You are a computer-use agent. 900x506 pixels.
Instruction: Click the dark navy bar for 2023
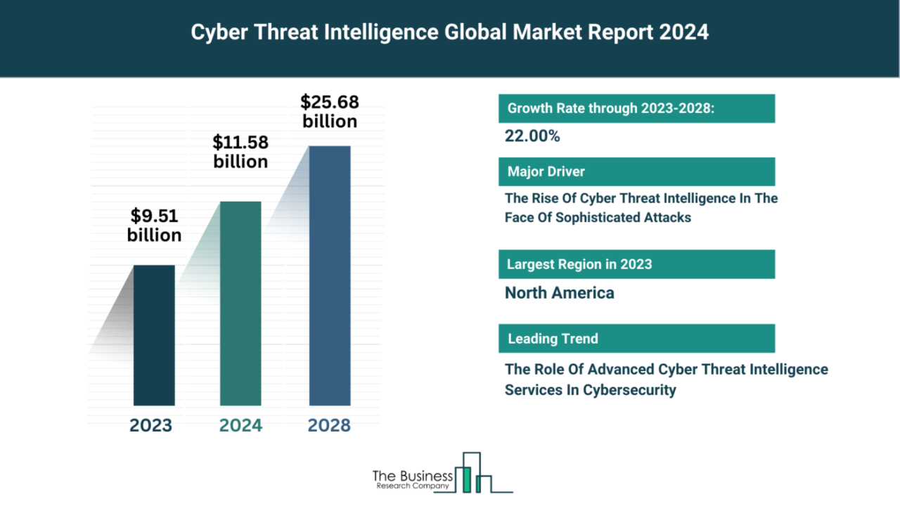point(154,335)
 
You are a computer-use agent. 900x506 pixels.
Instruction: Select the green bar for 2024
point(240,304)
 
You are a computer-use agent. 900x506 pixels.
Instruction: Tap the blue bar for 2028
point(330,275)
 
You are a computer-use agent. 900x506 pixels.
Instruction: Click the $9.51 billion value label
point(154,226)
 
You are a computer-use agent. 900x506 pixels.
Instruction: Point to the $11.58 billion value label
point(240,152)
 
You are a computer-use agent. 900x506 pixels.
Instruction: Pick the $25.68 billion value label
point(330,111)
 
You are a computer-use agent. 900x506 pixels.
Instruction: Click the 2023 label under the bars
point(150,425)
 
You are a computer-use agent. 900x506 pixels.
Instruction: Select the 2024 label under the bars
point(240,425)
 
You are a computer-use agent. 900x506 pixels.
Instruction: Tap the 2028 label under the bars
point(330,425)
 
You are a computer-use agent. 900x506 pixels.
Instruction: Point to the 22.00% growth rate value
point(532,136)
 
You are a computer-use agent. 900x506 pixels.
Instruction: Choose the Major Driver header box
point(636,171)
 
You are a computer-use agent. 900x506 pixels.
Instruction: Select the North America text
point(559,293)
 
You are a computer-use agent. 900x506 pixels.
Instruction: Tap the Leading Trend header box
point(636,338)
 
